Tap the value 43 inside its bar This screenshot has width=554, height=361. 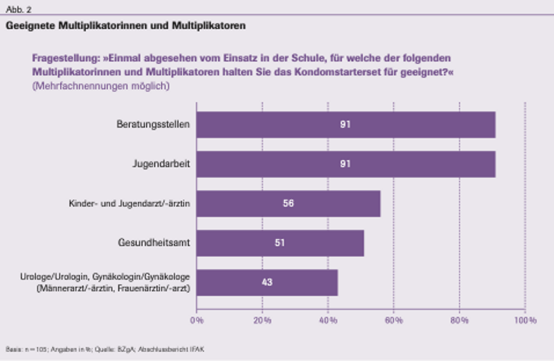coord(267,282)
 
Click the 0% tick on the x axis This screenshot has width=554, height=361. coord(197,320)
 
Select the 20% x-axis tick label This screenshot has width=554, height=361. coord(262,320)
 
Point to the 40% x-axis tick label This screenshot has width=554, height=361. coord(328,320)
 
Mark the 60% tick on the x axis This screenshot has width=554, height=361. coord(393,320)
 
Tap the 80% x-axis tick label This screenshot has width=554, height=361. coord(459,320)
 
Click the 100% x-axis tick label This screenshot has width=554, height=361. coord(524,320)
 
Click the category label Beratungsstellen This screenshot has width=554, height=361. coord(154,125)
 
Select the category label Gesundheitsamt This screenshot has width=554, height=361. coord(156,243)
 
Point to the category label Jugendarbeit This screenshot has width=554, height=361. coord(161,164)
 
